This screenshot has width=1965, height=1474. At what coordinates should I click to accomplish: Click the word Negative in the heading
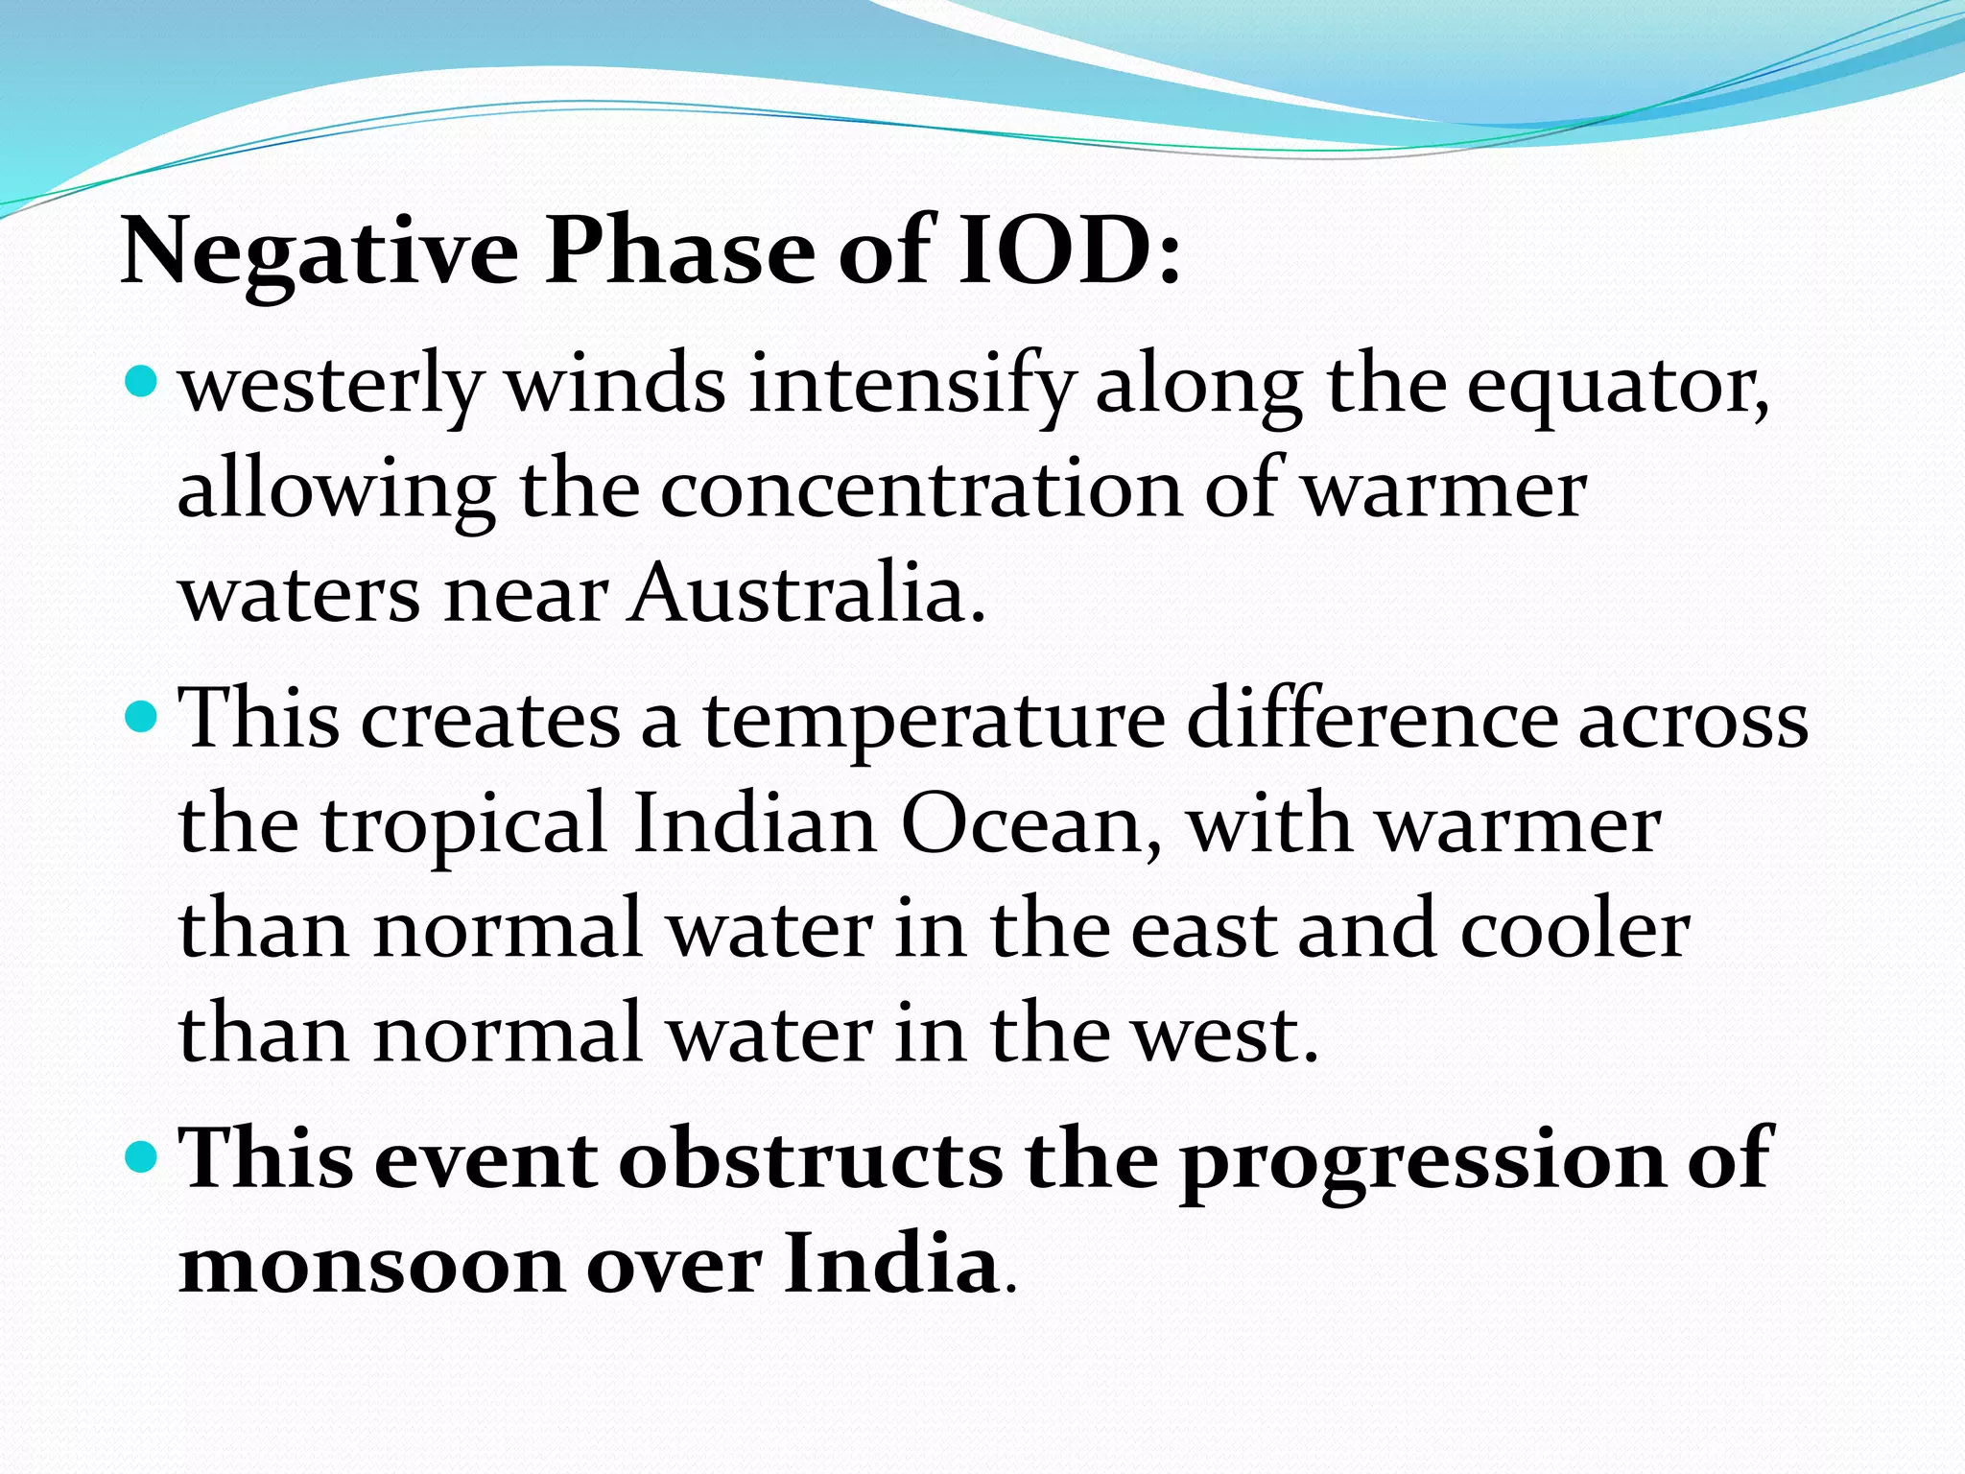pyautogui.click(x=320, y=251)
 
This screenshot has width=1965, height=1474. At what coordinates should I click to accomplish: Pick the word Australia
pyautogui.click(x=806, y=593)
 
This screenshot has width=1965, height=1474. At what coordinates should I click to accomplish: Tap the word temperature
pyautogui.click(x=934, y=722)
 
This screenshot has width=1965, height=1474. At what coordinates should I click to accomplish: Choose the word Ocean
pyautogui.click(x=1030, y=824)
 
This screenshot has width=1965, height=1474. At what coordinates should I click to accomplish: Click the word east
pyautogui.click(x=1203, y=930)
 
